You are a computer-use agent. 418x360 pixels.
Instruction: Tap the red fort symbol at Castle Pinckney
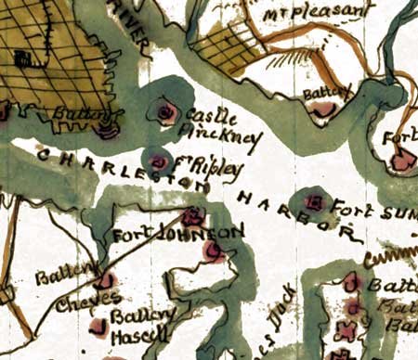167,113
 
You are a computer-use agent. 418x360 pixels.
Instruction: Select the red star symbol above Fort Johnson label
193,217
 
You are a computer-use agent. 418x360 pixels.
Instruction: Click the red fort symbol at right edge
403,161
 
